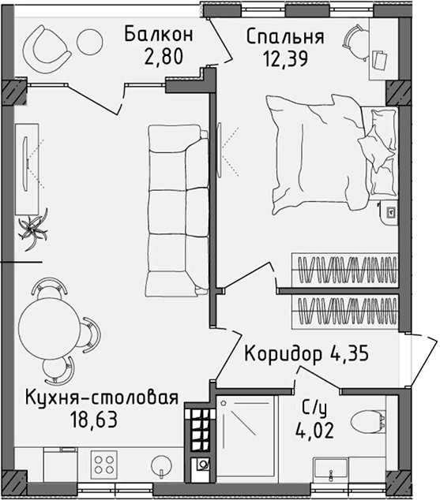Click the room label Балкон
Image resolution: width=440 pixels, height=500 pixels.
[159, 35]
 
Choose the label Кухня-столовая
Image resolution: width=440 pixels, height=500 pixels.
[100, 396]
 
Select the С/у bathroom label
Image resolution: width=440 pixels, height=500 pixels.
[314, 409]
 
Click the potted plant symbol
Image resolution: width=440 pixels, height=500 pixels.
[34, 226]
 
